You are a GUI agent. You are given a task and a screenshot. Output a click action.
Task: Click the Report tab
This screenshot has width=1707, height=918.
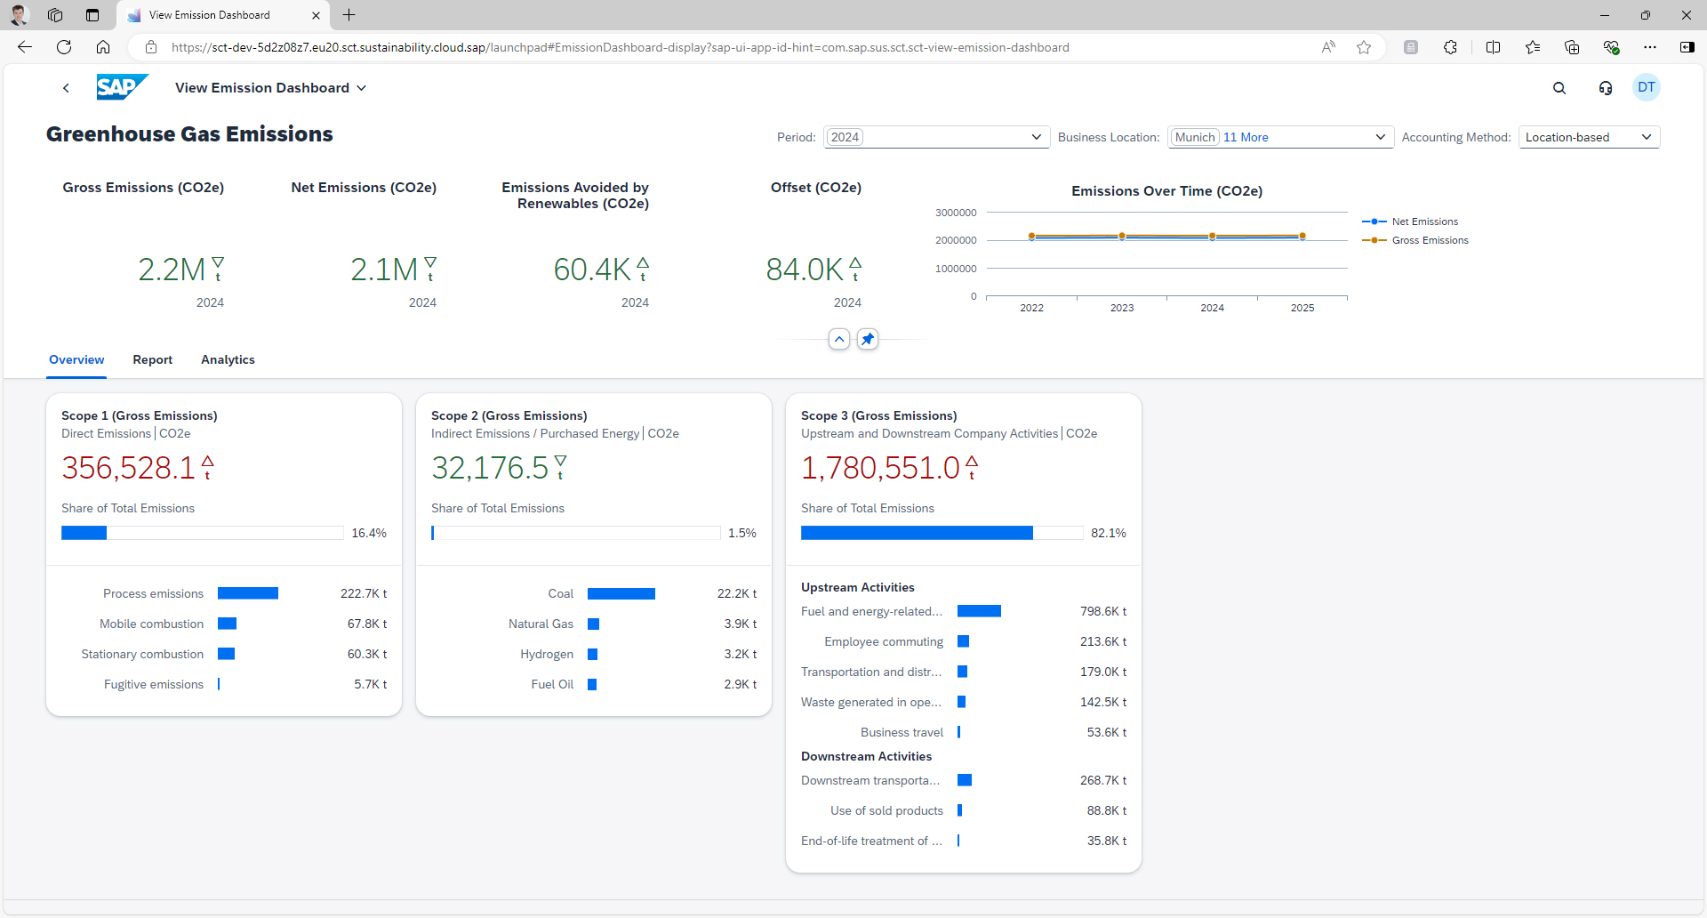tap(152, 359)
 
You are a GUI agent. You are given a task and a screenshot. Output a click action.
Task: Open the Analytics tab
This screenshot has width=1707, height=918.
tap(228, 359)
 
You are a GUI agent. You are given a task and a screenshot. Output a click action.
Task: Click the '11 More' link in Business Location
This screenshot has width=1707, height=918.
tap(1246, 137)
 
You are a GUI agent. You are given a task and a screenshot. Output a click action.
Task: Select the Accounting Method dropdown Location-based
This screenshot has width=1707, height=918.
tap(1588, 137)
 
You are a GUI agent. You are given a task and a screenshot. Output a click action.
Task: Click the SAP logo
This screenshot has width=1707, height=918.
tap(121, 87)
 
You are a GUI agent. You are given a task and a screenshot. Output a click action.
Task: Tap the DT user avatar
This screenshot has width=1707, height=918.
tap(1646, 87)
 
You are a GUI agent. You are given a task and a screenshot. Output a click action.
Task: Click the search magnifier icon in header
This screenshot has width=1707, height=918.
tap(1559, 88)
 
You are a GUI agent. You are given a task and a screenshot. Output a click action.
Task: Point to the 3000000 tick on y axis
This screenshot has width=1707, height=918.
tap(955, 213)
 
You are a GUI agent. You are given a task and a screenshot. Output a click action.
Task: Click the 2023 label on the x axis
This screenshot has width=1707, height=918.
tap(1121, 308)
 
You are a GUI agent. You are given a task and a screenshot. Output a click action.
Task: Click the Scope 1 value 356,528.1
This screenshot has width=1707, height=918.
tap(128, 468)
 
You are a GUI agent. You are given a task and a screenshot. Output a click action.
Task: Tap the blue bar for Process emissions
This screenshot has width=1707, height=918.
tap(248, 593)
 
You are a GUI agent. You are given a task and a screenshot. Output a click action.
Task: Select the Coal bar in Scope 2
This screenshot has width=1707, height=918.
tap(621, 593)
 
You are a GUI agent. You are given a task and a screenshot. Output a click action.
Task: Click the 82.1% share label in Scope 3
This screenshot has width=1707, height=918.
tap(1108, 533)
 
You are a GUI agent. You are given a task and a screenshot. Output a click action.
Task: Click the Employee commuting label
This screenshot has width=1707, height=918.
tap(883, 641)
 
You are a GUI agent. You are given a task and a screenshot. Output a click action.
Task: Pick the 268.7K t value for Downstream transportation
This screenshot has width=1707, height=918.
tap(1102, 780)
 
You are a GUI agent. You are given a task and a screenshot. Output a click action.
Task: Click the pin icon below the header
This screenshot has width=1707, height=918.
tap(867, 339)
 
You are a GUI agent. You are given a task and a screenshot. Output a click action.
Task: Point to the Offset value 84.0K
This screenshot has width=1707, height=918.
tap(804, 269)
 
